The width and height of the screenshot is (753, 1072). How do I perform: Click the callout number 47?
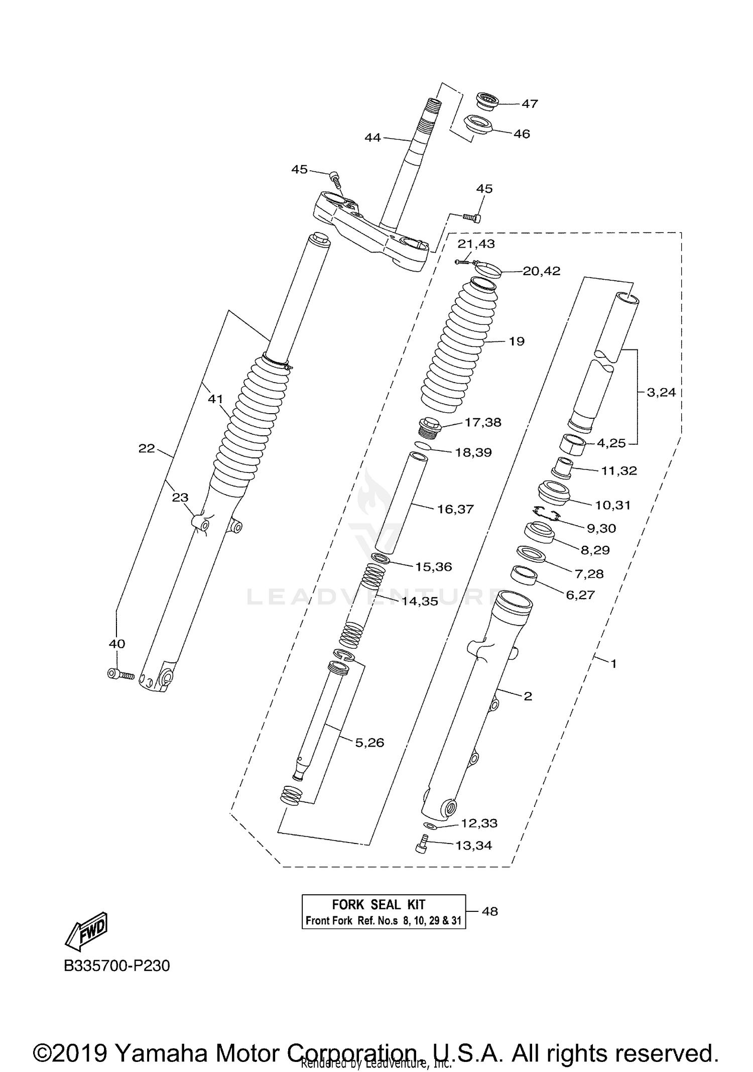[530, 103]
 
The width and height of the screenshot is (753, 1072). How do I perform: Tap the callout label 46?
[522, 134]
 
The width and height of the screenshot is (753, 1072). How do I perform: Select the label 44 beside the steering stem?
[372, 137]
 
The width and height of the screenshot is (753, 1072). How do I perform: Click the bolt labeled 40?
[120, 674]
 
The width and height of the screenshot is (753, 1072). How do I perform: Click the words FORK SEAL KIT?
[379, 905]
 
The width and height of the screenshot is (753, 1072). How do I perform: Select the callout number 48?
[489, 911]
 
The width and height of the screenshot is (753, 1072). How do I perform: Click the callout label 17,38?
[482, 422]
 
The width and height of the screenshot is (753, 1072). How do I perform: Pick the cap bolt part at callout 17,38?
[429, 427]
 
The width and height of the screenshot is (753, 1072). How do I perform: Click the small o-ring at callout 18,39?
[422, 446]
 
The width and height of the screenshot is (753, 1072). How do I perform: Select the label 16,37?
[455, 509]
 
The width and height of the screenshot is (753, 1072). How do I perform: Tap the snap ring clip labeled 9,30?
[547, 513]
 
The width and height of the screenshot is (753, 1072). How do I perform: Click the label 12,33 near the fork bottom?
[479, 823]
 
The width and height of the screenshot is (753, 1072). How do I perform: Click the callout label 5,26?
[369, 743]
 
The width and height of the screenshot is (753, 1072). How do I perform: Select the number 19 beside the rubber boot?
[517, 341]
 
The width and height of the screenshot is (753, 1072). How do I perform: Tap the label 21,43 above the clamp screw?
[476, 244]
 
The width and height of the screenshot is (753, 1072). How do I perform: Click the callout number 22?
[147, 448]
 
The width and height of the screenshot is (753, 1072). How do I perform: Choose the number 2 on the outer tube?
[528, 696]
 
